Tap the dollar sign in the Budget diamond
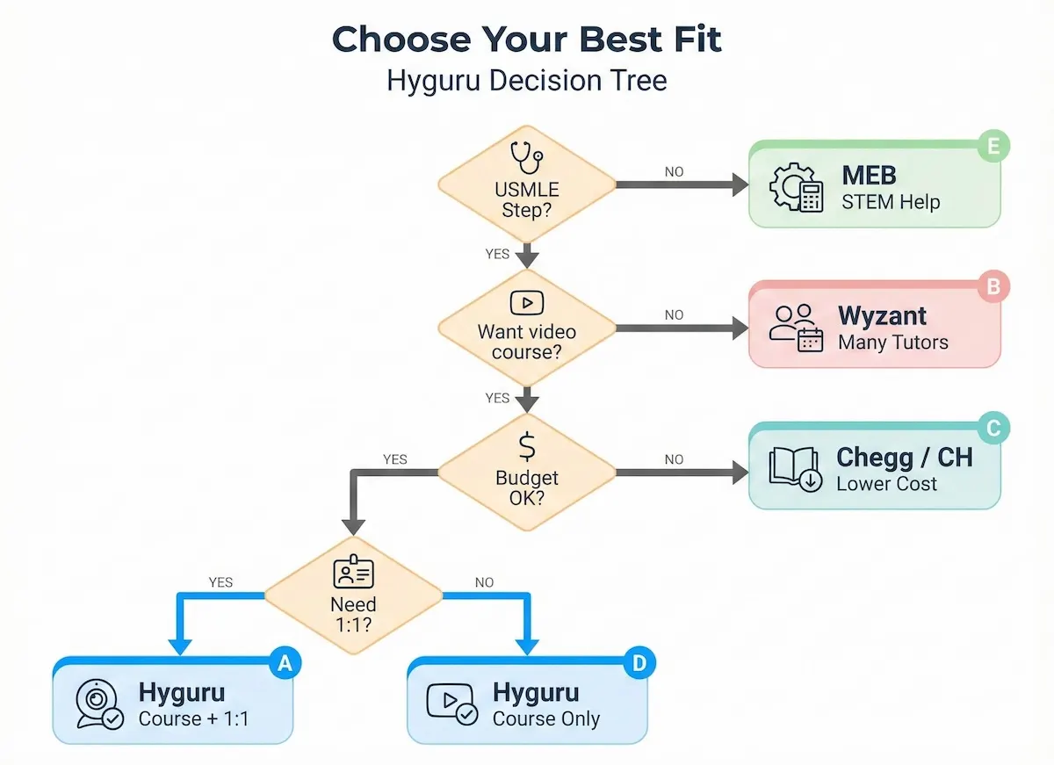pyautogui.click(x=527, y=447)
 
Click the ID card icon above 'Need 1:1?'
pyautogui.click(x=354, y=573)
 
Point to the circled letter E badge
pyautogui.click(x=993, y=147)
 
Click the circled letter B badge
pyautogui.click(x=993, y=286)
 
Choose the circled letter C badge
pyautogui.click(x=993, y=429)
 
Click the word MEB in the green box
pyautogui.click(x=870, y=175)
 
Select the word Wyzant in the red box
pyautogui.click(x=882, y=315)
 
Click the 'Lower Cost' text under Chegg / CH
pyautogui.click(x=886, y=483)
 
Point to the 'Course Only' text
pyautogui.click(x=546, y=718)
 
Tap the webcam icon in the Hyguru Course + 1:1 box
pyautogui.click(x=98, y=704)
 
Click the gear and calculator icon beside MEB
pyautogui.click(x=796, y=187)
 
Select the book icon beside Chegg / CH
pyautogui.click(x=795, y=468)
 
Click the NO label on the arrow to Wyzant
pyautogui.click(x=674, y=314)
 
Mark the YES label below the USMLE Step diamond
pyautogui.click(x=497, y=254)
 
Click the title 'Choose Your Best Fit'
pyautogui.click(x=526, y=40)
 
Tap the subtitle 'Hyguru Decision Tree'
pyautogui.click(x=526, y=81)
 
